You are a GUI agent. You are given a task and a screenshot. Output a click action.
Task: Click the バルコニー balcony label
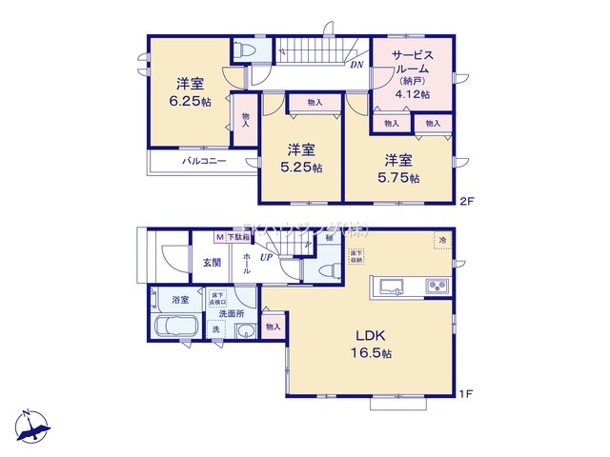click(x=204, y=162)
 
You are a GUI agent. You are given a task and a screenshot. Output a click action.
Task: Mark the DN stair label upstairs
click(x=356, y=65)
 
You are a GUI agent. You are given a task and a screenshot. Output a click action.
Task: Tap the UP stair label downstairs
click(x=267, y=257)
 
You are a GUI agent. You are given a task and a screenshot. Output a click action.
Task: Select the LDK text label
click(x=371, y=334)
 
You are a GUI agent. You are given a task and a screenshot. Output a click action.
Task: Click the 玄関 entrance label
click(x=211, y=264)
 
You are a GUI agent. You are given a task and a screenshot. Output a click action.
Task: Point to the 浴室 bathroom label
click(x=179, y=300)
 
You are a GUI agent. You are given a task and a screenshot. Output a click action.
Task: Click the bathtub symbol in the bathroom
click(x=174, y=329)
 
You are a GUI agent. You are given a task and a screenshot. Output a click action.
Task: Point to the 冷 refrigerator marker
click(x=442, y=242)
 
